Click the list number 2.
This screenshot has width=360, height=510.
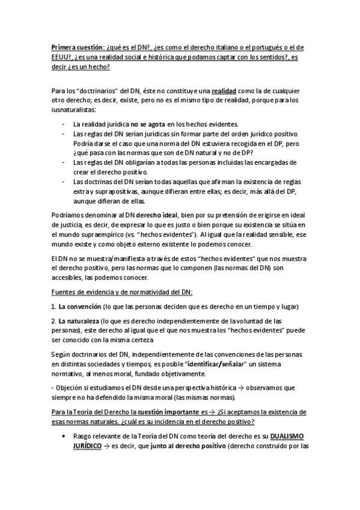click(53, 322)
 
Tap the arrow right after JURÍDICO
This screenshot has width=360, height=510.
click(107, 447)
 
